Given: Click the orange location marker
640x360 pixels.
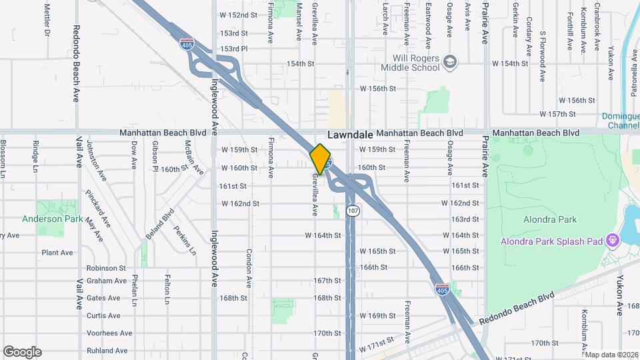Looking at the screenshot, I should pos(320,159).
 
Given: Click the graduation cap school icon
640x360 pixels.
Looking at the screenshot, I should pos(451,62).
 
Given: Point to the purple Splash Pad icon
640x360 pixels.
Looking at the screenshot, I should pos(611,241).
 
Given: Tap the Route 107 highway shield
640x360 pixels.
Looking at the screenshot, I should pos(353,211).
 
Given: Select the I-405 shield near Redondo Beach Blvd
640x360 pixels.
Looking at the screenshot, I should pos(441,290).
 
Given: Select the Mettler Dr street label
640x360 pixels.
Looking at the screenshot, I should pos(47,20).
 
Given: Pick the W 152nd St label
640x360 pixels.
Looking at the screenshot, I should pos(238,15).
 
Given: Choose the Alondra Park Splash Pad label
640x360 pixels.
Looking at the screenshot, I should pos(551,241).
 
